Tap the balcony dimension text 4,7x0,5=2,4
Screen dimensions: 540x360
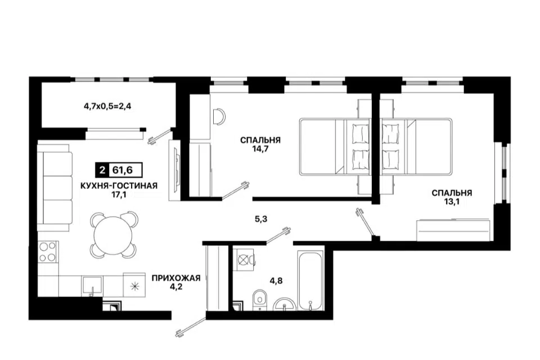point(107,106)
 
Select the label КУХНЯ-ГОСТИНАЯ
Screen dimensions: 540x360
point(119,186)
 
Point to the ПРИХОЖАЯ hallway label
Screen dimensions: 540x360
point(176,278)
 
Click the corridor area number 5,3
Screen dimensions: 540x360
point(261,219)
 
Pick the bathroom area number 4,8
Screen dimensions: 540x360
point(276,281)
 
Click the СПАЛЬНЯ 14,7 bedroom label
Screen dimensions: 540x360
point(260,145)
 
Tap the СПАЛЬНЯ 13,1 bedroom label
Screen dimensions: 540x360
point(452,197)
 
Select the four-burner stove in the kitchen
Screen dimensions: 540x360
point(47,251)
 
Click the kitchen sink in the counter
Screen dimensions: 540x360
point(92,285)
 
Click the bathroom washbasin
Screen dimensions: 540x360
point(285,304)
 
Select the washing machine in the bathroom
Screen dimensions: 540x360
point(244,259)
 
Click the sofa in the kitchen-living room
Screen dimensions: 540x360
point(55,188)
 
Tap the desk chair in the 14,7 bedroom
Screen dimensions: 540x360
point(219,116)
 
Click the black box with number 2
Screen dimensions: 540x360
point(102,170)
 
